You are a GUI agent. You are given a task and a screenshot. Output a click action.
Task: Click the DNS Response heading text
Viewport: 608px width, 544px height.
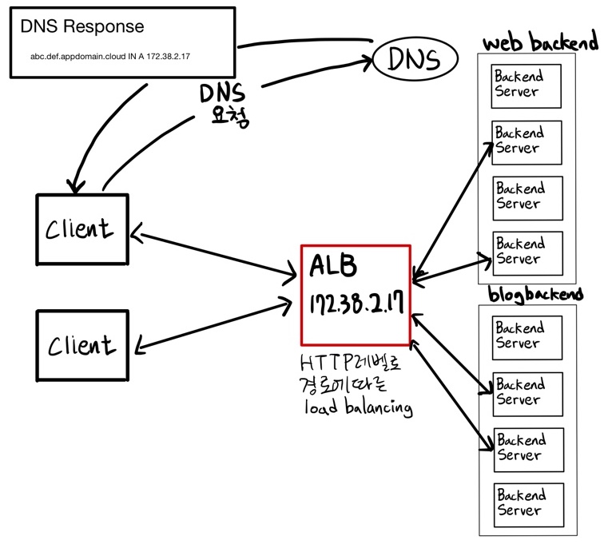(x=82, y=26)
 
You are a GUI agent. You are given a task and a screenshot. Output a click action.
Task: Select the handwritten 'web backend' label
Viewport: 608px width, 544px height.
(x=540, y=42)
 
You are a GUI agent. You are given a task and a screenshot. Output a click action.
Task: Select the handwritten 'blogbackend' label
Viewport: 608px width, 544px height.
(x=534, y=294)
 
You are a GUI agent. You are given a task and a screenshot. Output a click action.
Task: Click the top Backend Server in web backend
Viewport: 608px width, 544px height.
(x=527, y=85)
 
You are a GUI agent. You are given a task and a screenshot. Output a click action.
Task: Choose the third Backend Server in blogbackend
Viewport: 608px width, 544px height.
(x=528, y=448)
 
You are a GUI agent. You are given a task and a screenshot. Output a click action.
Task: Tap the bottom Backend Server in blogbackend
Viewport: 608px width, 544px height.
(x=528, y=503)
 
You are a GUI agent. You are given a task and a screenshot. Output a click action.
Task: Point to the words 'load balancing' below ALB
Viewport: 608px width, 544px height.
(x=357, y=408)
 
